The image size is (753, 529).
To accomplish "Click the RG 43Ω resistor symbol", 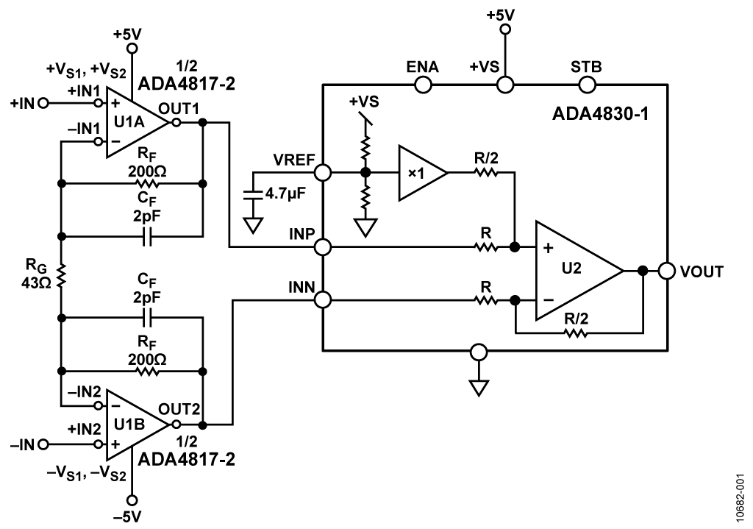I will pos(62,277).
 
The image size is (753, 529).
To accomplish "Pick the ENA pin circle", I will pos(423,85).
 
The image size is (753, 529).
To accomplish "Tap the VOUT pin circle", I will pos(667,270).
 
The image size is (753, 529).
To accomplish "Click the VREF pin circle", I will pos(322,173).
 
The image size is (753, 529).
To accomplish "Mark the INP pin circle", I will pos(322,246).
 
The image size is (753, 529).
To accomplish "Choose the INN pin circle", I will pos(322,299).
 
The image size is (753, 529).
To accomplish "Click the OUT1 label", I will pos(188,108).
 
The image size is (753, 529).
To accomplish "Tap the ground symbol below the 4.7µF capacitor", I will pos(252,224).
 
